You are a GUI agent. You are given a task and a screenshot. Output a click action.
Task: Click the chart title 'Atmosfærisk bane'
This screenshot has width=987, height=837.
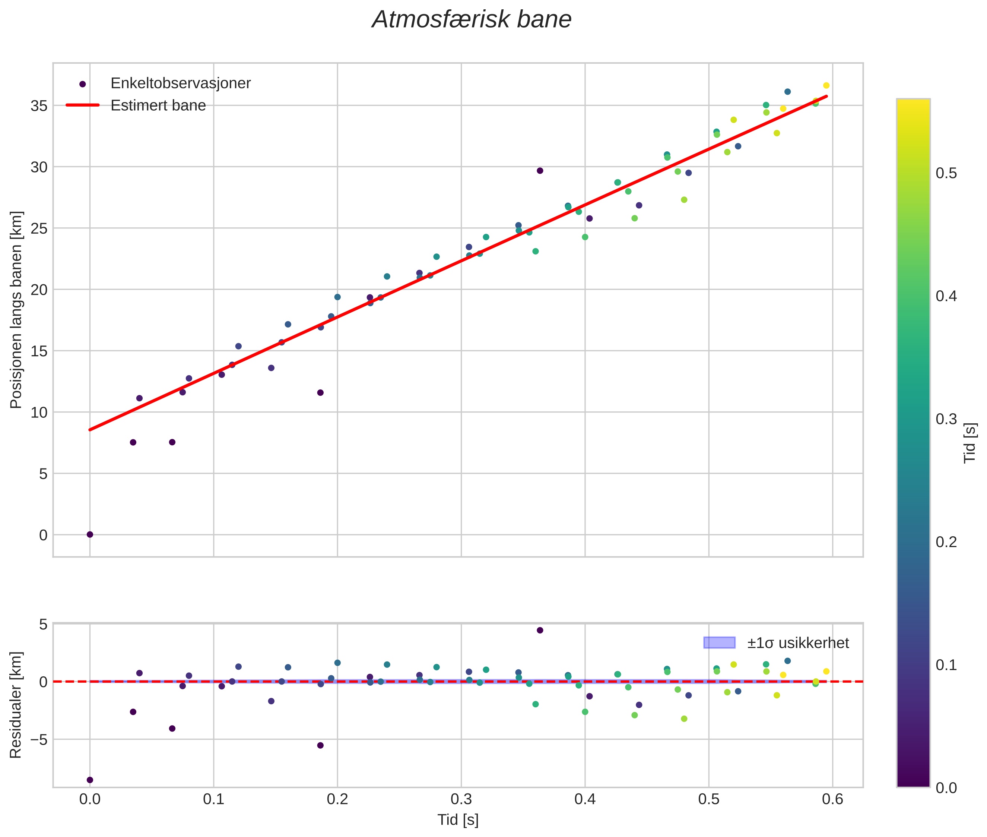tap(472, 20)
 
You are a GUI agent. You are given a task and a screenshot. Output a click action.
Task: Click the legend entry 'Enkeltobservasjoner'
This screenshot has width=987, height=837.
tap(180, 83)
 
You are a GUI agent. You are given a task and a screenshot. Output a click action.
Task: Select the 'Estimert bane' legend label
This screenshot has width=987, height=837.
tap(158, 105)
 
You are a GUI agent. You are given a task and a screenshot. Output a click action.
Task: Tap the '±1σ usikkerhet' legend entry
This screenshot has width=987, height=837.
tap(798, 643)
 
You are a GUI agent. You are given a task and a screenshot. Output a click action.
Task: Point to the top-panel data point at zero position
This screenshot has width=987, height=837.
tap(90, 535)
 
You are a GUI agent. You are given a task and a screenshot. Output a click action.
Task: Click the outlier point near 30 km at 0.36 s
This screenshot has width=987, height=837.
tap(540, 171)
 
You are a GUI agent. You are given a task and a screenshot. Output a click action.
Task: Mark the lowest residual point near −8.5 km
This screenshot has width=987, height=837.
tap(90, 780)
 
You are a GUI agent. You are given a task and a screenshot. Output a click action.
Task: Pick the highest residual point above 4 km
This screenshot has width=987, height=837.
tap(540, 630)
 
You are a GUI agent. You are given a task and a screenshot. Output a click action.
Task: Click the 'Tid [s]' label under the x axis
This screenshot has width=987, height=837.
tap(458, 819)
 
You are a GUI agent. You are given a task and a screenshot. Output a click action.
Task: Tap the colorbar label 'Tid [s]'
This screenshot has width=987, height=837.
tap(970, 443)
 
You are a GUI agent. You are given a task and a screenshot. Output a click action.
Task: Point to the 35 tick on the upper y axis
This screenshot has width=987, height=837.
tap(39, 106)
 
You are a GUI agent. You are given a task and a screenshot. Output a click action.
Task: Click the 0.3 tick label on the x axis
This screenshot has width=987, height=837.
tap(461, 799)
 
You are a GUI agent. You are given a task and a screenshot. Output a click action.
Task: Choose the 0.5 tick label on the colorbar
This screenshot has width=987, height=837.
tap(946, 174)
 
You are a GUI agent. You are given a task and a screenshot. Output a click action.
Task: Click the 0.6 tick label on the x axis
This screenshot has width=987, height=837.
tap(832, 799)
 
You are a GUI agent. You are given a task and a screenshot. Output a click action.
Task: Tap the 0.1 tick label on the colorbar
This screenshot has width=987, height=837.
tap(946, 665)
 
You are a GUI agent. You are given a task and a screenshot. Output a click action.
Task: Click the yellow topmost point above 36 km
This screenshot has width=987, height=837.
tap(826, 85)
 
